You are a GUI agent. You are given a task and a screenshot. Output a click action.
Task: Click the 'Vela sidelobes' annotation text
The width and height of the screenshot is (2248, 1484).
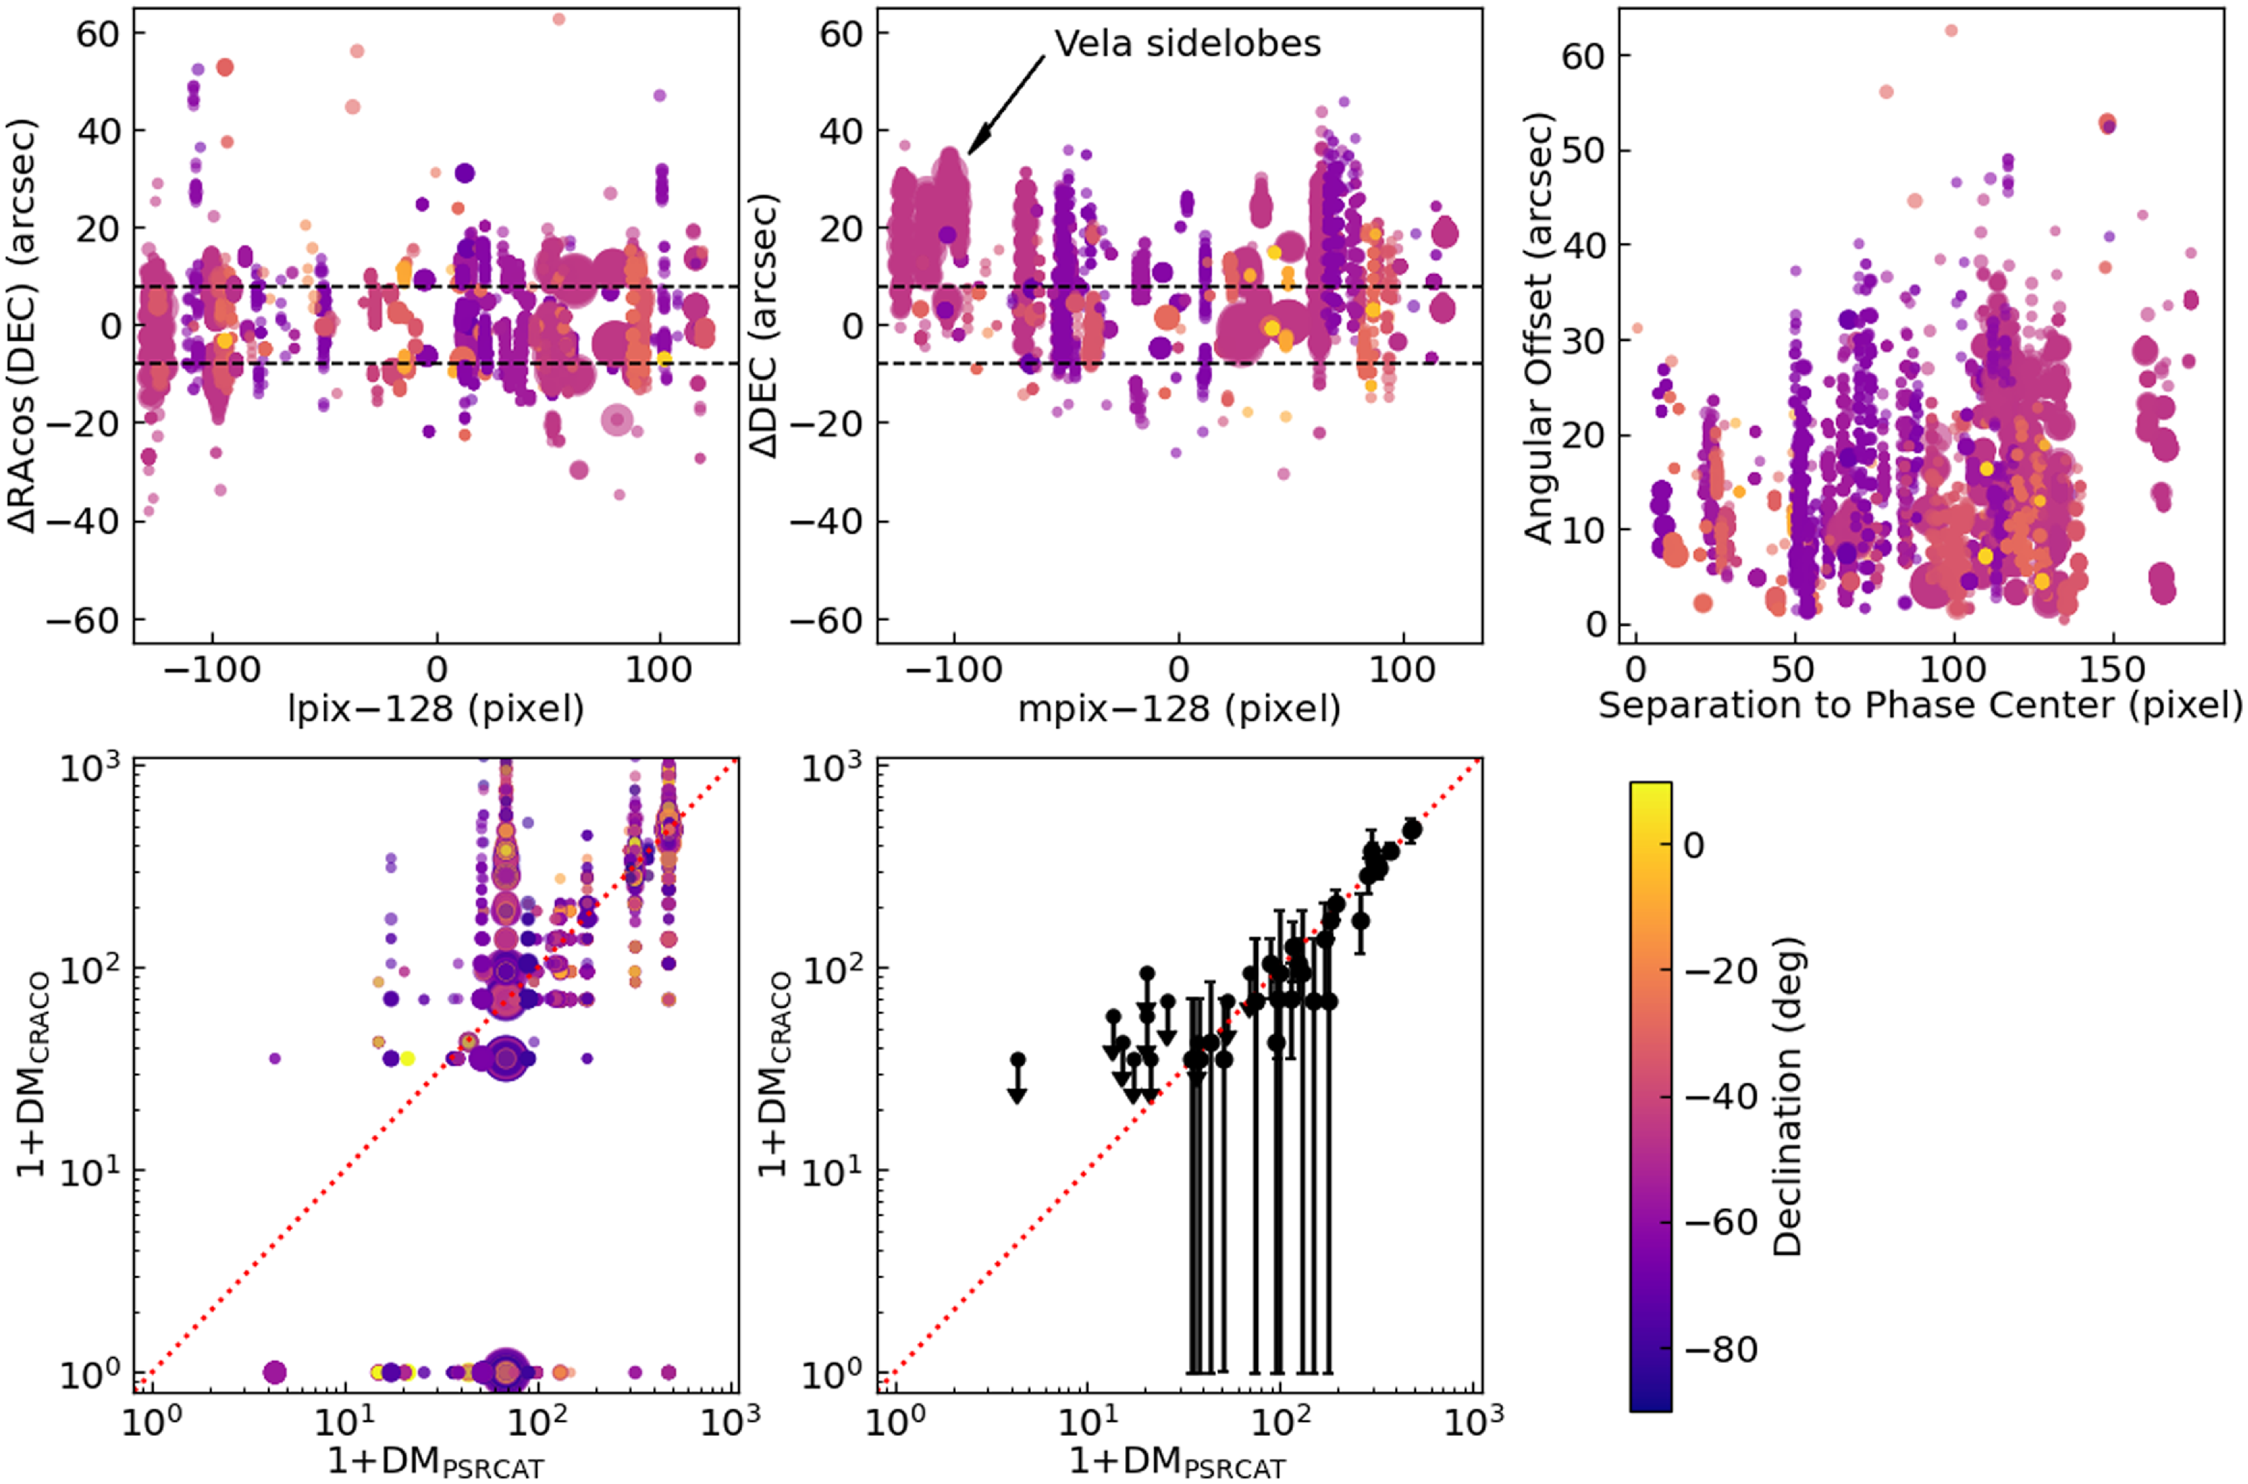coord(1187,44)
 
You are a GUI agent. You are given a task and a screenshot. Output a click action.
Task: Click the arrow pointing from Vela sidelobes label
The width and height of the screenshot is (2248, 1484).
coord(1007,104)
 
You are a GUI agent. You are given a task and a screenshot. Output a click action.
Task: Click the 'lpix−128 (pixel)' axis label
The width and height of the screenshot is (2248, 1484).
coord(436,708)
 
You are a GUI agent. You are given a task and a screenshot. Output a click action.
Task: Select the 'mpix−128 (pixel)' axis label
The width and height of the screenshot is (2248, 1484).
coord(1179,708)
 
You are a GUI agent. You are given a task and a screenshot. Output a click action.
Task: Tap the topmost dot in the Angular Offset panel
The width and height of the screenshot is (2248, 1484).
coord(1951,30)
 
